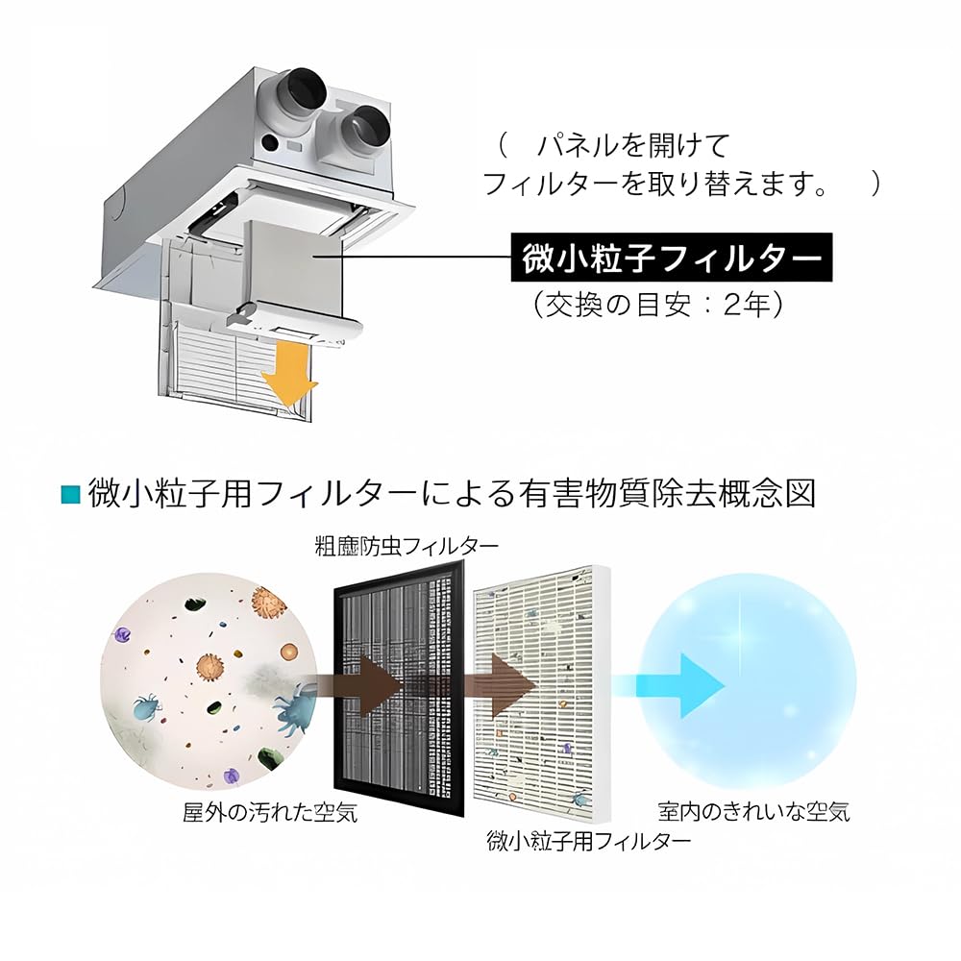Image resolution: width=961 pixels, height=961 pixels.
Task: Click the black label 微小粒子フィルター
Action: tap(669, 258)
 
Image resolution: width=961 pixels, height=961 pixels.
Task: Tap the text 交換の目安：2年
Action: tap(660, 305)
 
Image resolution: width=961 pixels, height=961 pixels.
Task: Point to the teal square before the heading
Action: tap(69, 495)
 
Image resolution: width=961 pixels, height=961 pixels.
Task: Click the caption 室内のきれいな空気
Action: tap(753, 812)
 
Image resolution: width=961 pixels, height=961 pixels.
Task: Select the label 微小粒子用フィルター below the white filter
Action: tap(588, 840)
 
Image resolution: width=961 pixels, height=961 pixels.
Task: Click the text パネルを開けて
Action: tap(633, 146)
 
